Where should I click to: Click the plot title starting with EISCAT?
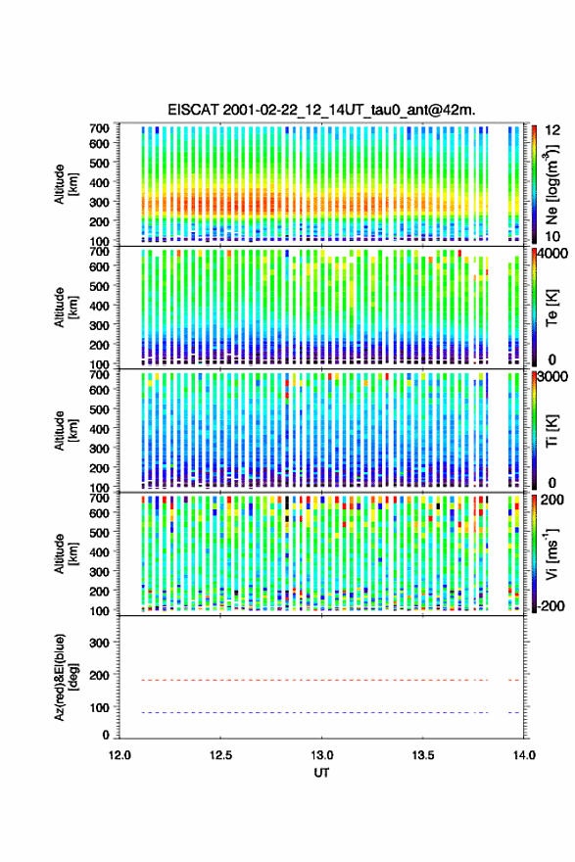click(x=321, y=110)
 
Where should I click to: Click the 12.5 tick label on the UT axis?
click(x=220, y=755)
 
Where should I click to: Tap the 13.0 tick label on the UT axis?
click(x=321, y=755)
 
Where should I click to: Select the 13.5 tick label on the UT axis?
click(x=423, y=755)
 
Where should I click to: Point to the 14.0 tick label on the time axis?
click(x=524, y=755)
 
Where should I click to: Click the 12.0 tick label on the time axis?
click(x=120, y=755)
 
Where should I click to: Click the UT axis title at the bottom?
click(x=321, y=773)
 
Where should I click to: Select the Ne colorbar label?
click(x=552, y=184)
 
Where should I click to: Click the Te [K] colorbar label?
click(x=552, y=308)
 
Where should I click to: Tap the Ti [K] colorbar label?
click(x=552, y=431)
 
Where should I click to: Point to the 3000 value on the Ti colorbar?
click(x=551, y=376)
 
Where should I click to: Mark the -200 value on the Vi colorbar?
click(x=549, y=605)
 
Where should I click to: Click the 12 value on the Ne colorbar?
click(x=552, y=130)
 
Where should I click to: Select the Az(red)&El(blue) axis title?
click(x=66, y=678)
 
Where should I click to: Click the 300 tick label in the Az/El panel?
click(x=99, y=643)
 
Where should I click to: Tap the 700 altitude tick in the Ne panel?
click(x=99, y=128)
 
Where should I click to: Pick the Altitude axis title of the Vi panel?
click(x=66, y=553)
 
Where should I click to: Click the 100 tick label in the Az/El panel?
click(x=99, y=707)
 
